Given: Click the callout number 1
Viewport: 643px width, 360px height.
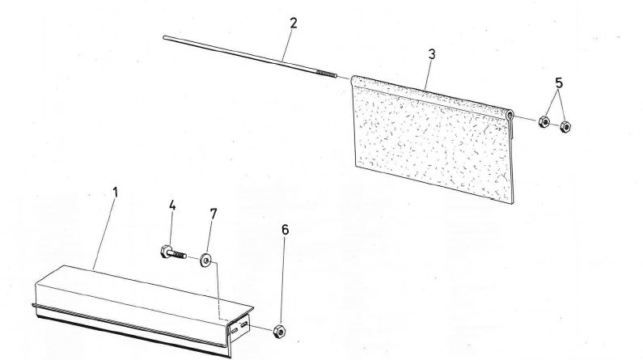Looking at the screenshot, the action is pyautogui.click(x=115, y=193).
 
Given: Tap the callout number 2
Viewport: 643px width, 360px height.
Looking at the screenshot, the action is pyautogui.click(x=294, y=23).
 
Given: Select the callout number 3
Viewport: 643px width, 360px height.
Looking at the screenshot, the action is pyautogui.click(x=431, y=54).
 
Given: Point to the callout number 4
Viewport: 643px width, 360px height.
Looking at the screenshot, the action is pyautogui.click(x=172, y=205).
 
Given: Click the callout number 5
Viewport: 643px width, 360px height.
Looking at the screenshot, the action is pyautogui.click(x=559, y=83).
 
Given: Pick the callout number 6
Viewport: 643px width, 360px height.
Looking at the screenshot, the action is pyautogui.click(x=285, y=230).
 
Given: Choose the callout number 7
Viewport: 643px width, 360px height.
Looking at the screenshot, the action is pyautogui.click(x=214, y=214).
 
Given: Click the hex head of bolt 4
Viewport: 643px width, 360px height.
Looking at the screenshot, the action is pyautogui.click(x=166, y=251).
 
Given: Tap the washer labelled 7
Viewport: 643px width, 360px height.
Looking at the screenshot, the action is pyautogui.click(x=205, y=260).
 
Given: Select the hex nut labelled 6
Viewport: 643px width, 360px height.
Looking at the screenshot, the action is pyautogui.click(x=279, y=331).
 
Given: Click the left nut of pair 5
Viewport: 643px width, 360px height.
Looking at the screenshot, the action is pyautogui.click(x=544, y=121).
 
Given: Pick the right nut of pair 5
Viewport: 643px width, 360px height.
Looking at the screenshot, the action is pyautogui.click(x=565, y=126).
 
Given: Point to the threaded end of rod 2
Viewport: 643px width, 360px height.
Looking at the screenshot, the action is pyautogui.click(x=327, y=74).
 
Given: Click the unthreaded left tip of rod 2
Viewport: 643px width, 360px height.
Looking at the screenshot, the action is pyautogui.click(x=165, y=38).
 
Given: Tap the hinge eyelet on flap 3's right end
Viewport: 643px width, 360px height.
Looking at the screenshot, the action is pyautogui.click(x=510, y=115).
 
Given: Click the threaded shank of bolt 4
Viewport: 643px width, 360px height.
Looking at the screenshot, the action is pyautogui.click(x=179, y=255).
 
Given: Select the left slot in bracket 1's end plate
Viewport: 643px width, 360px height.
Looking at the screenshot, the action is pyautogui.click(x=234, y=330).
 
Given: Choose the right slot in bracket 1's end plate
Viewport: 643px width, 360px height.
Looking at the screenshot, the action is pyautogui.click(x=244, y=325).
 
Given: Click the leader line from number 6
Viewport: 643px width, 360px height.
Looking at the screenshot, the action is pyautogui.click(x=283, y=281).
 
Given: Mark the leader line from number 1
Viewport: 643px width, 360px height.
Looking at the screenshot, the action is pyautogui.click(x=104, y=234).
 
